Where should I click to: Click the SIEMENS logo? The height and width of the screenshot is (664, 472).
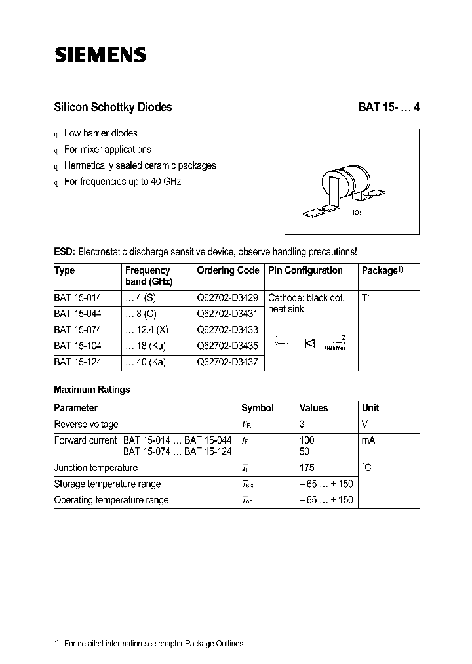100,55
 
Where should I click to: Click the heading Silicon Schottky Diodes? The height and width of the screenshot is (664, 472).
112,107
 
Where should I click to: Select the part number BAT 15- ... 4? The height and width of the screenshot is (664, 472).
388,107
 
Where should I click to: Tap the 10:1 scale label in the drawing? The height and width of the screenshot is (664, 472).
359,213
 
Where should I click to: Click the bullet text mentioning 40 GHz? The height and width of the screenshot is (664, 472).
122,182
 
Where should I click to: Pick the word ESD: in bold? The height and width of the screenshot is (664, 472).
65,252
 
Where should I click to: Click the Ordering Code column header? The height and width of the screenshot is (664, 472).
228,270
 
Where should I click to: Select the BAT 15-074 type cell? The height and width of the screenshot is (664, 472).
77,330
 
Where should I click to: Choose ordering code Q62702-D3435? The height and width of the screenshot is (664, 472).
227,346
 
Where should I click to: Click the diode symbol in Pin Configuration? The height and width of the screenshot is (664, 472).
310,342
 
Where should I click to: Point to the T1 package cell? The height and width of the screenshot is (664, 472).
366,298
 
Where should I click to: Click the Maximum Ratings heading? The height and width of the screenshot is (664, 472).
92,390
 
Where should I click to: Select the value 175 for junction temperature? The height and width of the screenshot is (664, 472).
307,468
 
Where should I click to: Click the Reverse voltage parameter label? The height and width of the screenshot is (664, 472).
86,425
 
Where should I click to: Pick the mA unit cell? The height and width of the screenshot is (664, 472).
368,440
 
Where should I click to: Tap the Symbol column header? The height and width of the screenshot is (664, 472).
258,408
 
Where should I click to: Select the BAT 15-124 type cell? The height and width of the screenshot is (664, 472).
77,362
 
